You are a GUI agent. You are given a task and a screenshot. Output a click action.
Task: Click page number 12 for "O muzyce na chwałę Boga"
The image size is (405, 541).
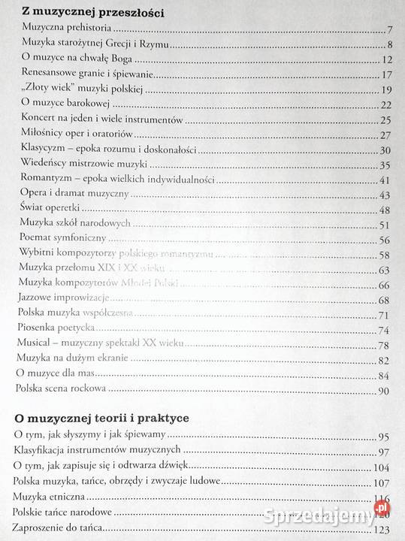tap(388, 60)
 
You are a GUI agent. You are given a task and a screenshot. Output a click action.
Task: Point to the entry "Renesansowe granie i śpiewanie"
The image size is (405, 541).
tap(87, 74)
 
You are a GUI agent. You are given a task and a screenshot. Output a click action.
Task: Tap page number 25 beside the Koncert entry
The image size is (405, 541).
tap(388, 120)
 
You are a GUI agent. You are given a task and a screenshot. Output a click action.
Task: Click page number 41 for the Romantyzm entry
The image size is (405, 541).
tap(388, 180)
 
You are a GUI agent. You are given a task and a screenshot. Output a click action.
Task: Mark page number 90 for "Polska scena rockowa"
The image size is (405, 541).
tap(388, 391)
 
